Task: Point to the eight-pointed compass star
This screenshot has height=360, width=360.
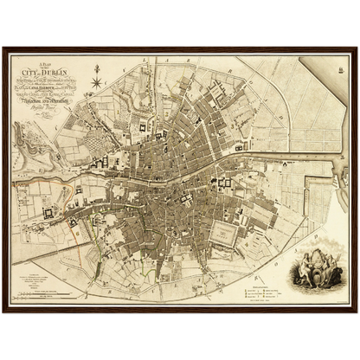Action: click(97, 83)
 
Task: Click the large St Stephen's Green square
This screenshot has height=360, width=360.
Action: click(227, 231)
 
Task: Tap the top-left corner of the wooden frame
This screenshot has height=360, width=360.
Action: click(4, 48)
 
